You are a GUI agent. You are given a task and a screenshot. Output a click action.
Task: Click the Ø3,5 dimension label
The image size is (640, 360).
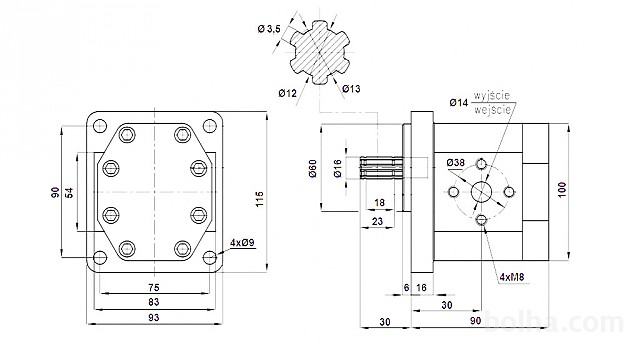pos(269,29)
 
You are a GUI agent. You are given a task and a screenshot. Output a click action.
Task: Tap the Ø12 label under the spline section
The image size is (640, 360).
pos(288,93)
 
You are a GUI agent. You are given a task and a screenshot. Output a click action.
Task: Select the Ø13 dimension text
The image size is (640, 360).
pos(351,89)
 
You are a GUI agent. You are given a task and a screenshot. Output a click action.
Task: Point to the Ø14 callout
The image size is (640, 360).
pos(459,102)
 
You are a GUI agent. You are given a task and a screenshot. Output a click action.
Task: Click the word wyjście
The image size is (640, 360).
pos(492,96)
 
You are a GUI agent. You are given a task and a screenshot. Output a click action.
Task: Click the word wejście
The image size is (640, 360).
pos(493,109)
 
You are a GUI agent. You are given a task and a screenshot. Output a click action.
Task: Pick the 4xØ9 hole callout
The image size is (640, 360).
pos(242,243)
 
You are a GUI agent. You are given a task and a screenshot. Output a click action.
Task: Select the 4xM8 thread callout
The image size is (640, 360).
pos(512,277)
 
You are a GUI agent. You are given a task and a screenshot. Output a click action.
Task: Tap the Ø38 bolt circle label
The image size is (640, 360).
pos(456,162)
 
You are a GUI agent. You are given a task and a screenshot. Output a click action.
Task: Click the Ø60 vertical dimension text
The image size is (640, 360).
pos(313,168)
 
